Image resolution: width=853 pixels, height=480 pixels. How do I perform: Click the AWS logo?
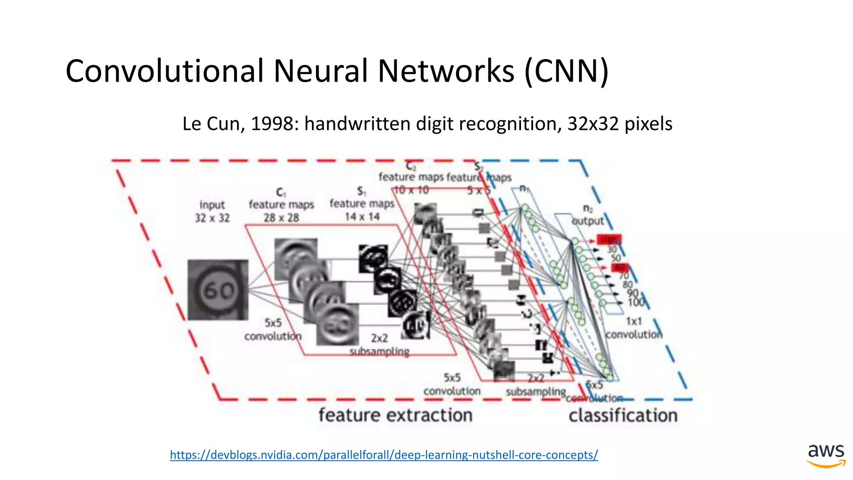click(826, 455)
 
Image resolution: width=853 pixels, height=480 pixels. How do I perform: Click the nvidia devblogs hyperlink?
click(384, 455)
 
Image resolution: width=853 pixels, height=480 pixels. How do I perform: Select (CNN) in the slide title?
click(566, 71)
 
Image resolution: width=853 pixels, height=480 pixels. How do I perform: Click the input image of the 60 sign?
click(218, 290)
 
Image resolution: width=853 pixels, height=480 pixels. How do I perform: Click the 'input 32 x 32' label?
click(212, 211)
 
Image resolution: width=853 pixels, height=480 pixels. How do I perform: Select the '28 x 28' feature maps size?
click(281, 217)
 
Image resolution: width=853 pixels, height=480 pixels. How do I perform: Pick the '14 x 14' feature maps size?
click(362, 217)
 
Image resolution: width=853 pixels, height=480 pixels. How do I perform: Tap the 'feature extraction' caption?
click(395, 415)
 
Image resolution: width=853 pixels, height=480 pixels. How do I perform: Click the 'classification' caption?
click(623, 415)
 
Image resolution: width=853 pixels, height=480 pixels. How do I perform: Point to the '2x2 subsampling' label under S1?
click(379, 345)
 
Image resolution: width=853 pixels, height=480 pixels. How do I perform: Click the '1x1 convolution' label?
click(634, 328)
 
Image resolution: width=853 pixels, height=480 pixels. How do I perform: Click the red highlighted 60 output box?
click(620, 267)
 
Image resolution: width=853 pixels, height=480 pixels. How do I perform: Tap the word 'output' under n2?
click(588, 221)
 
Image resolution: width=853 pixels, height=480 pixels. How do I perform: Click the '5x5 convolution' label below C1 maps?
click(273, 329)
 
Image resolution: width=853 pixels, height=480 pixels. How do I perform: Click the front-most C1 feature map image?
click(337, 324)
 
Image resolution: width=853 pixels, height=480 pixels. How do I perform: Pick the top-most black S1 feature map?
click(373, 258)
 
